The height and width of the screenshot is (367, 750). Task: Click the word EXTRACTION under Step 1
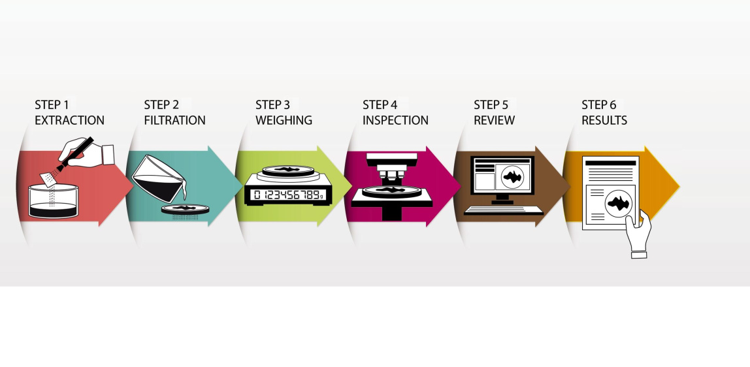(x=69, y=120)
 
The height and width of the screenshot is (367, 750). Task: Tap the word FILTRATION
(x=174, y=120)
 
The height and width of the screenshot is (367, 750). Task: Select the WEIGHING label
(x=284, y=120)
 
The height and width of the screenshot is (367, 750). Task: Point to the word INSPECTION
(x=395, y=120)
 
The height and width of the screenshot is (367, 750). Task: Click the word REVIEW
(x=494, y=120)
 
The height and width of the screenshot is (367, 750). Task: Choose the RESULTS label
(x=604, y=120)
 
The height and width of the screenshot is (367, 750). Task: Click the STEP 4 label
(x=380, y=105)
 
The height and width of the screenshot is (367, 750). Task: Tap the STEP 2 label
(x=161, y=105)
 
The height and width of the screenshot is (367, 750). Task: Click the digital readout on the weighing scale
(x=287, y=195)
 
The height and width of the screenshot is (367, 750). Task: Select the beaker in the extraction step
(x=54, y=201)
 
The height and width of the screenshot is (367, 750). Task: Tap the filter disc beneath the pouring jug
(x=186, y=209)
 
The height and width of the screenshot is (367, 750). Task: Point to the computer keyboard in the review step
(x=502, y=210)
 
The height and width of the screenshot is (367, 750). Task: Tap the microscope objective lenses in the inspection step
(x=390, y=174)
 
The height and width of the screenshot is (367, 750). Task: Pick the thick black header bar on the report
(x=610, y=163)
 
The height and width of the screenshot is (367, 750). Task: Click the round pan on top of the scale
(x=287, y=172)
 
